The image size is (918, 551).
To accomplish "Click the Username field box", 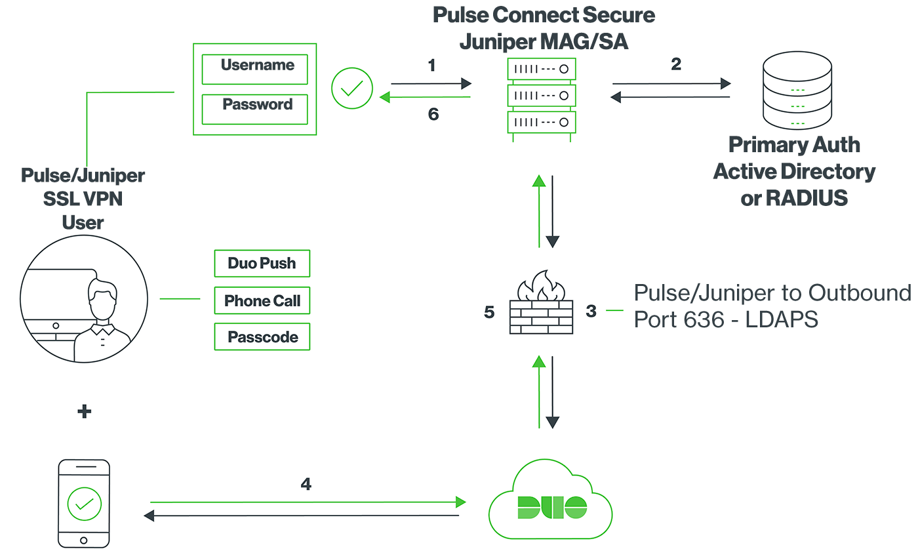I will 254,69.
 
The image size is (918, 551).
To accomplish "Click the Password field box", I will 254,108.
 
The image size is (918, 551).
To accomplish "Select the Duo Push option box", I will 262,264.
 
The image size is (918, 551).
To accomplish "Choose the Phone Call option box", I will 262,301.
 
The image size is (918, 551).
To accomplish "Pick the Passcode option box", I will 262,338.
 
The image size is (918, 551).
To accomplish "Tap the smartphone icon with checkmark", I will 84,502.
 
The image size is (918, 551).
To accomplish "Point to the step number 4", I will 306,484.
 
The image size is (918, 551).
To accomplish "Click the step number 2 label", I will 676,64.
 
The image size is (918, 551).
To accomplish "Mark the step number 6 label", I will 433,115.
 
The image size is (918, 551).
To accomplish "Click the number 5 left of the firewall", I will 489,312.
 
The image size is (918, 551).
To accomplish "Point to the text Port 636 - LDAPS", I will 725,319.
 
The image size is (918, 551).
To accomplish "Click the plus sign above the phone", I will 84,412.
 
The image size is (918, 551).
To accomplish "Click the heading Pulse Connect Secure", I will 544,15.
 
